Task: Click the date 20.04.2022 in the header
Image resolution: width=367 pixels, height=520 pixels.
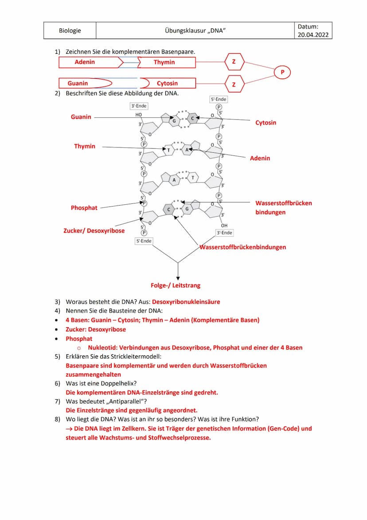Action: [x=313, y=35]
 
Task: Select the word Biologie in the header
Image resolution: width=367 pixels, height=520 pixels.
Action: [x=70, y=31]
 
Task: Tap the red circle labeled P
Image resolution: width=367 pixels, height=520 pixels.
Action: [x=282, y=72]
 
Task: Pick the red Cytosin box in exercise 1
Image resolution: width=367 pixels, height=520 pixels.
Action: [x=167, y=83]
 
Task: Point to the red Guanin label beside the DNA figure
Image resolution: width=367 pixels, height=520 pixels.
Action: [x=81, y=117]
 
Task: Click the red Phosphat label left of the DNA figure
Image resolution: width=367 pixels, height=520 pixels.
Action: [x=84, y=207]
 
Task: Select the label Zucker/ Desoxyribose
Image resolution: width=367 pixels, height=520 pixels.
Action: [x=94, y=230]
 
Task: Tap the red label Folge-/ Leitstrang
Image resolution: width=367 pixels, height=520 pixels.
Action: [x=176, y=285]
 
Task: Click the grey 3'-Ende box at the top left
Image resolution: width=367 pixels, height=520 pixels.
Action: [x=139, y=106]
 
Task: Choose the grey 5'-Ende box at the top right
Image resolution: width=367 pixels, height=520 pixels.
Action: [x=218, y=99]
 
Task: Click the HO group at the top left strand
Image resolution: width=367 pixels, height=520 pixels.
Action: [x=139, y=115]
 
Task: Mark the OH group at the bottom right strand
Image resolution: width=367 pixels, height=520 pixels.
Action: [x=224, y=225]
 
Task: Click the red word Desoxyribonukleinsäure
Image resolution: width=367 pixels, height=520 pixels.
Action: [x=186, y=302]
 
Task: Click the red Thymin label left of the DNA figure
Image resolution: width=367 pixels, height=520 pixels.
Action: [x=85, y=146]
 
